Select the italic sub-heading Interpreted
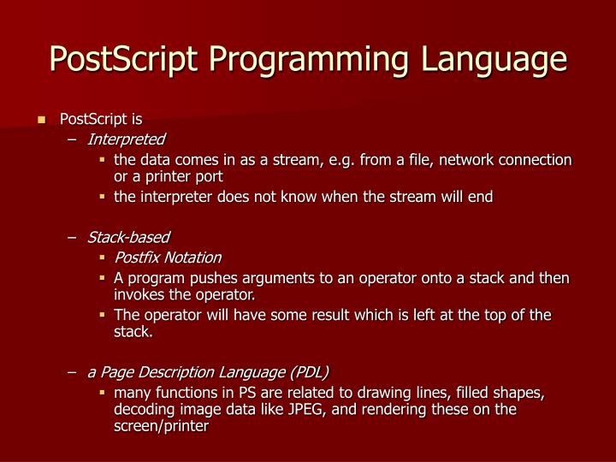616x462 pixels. tap(127, 139)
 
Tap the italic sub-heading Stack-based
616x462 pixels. tap(128, 237)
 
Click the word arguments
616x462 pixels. tap(257, 278)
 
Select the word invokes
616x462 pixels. tap(137, 295)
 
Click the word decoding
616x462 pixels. tap(143, 409)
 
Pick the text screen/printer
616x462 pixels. tap(161, 425)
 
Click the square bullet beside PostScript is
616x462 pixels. tap(39, 119)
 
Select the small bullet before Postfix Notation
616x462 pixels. tap(102, 258)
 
